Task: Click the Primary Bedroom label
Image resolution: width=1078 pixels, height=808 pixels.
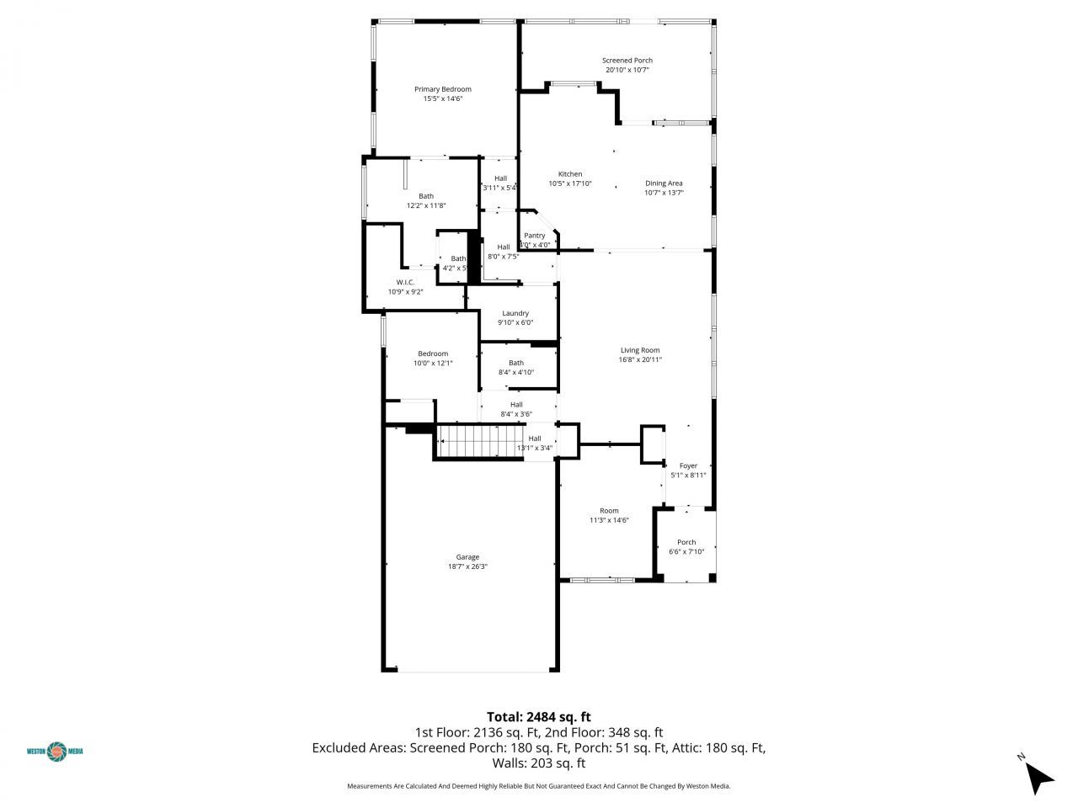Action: [x=442, y=89]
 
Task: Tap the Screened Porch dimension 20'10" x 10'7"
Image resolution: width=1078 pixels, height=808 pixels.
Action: [x=627, y=71]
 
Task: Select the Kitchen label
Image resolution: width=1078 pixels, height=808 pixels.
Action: [x=570, y=174]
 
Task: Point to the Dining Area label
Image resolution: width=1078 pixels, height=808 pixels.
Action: [x=664, y=183]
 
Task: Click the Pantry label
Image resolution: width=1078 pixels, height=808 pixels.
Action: [x=535, y=236]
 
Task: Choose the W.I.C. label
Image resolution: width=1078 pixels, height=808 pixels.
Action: [x=405, y=282]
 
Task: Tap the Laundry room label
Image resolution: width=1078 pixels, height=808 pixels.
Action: [x=515, y=313]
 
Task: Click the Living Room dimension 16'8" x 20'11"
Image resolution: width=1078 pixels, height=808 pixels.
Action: [x=640, y=360]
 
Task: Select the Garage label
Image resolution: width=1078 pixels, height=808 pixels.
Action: [x=467, y=557]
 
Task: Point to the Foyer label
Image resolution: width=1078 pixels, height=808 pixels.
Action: [x=688, y=465]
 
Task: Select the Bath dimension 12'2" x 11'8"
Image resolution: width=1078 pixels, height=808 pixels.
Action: [x=426, y=205]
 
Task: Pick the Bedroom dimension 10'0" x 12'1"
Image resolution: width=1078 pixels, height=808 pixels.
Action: [x=433, y=364]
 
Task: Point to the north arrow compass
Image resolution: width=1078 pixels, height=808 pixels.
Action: [x=1039, y=776]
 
